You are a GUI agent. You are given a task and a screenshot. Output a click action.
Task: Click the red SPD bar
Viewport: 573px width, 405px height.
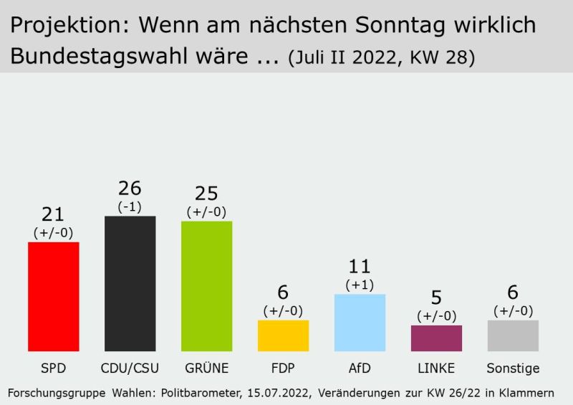click(53, 296)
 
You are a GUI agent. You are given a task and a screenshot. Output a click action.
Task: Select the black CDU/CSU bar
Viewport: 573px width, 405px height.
click(130, 283)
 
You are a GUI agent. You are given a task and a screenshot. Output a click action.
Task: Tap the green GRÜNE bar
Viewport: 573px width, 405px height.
click(206, 286)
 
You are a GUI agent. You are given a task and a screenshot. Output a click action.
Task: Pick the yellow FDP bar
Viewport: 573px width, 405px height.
click(283, 335)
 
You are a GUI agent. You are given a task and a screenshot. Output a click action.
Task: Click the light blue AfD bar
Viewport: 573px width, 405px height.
click(360, 323)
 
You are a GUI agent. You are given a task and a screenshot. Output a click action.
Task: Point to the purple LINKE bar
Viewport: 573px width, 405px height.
click(436, 338)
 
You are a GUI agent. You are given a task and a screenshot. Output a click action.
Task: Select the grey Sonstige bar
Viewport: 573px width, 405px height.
click(513, 335)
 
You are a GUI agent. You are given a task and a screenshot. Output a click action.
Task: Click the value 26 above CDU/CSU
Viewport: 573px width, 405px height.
click(130, 189)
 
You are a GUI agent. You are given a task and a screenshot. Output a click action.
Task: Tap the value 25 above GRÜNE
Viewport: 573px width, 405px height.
click(206, 194)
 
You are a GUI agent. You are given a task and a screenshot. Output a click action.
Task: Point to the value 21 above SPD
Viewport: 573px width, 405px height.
click(53, 214)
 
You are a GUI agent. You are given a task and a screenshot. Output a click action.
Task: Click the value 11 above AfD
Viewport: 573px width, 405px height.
click(360, 267)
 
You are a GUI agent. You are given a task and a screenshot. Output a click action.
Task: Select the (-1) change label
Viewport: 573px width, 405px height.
click(130, 206)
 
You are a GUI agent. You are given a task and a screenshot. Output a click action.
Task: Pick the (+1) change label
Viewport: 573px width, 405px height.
click(360, 285)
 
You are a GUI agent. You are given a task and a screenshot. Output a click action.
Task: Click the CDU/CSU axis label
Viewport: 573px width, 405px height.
click(130, 368)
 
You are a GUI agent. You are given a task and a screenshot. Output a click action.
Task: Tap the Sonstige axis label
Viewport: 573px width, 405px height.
click(513, 368)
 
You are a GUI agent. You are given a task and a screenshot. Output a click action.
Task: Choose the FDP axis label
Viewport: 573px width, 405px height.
click(283, 368)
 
